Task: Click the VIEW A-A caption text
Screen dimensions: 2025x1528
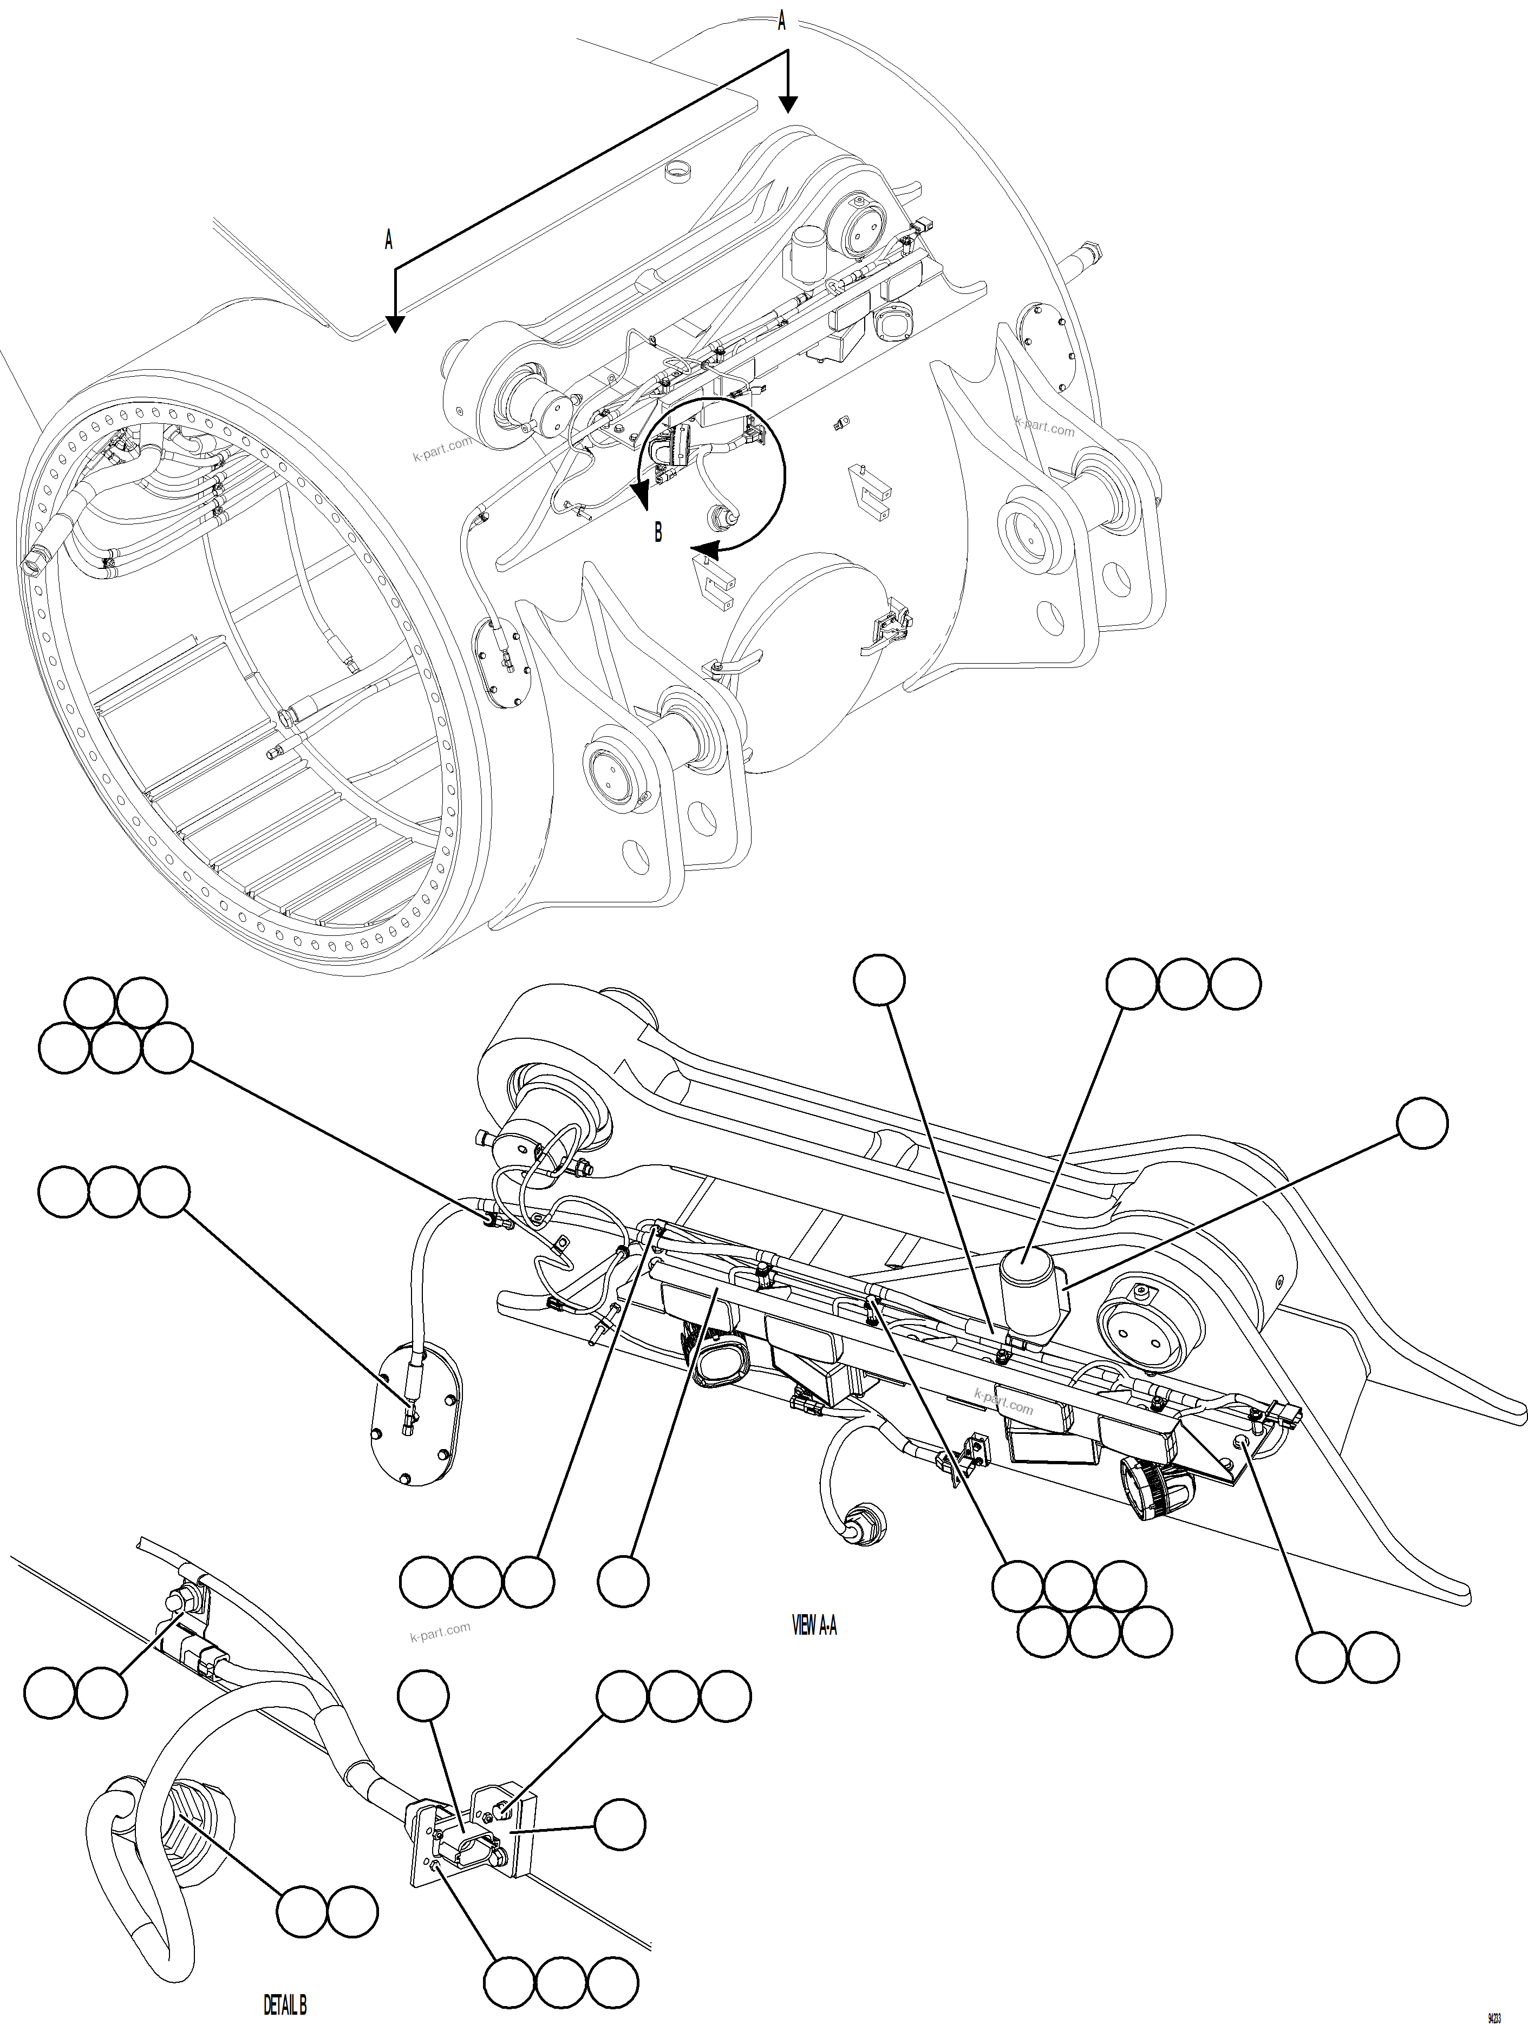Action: click(x=814, y=1625)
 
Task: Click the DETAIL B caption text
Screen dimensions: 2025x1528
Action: click(x=285, y=1998)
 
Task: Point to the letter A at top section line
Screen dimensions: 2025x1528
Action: click(x=781, y=20)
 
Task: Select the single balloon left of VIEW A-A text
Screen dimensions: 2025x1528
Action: click(x=623, y=1581)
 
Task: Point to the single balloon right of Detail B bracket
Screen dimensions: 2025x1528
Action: click(x=620, y=1824)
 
